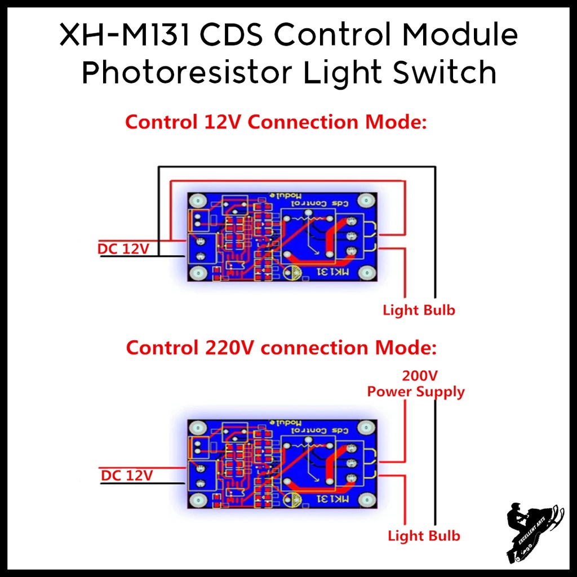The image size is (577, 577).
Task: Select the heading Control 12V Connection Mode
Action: point(276,122)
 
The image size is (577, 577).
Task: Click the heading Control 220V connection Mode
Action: point(281,348)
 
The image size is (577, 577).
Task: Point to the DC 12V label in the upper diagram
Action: point(123,248)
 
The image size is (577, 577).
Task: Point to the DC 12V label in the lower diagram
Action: point(127,476)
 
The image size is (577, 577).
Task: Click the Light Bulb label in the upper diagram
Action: point(419,310)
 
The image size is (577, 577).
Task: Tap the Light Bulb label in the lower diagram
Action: point(424,536)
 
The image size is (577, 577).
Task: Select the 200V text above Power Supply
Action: point(420,376)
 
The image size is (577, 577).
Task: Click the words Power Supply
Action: point(416,392)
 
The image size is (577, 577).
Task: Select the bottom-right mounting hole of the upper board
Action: point(366,274)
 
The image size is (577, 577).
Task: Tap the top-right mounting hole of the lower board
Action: point(367,427)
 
